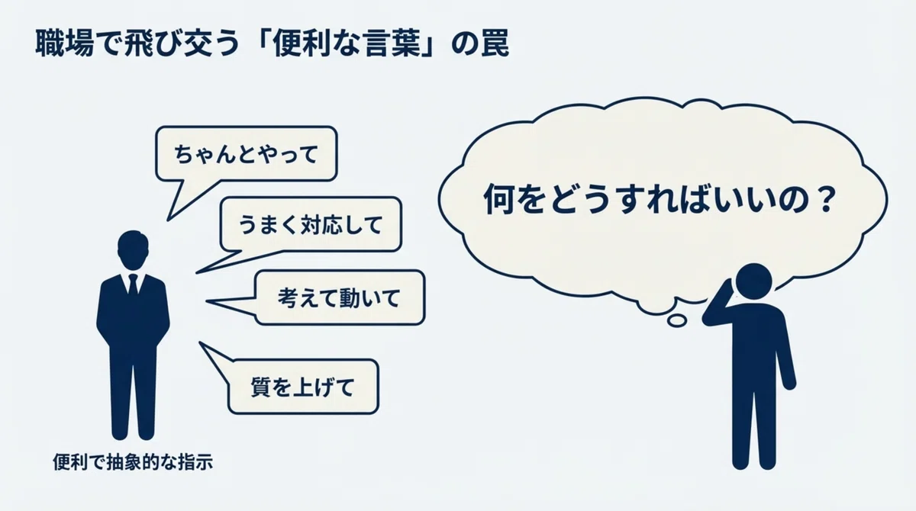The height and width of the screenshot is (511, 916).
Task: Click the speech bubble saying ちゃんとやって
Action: point(246,153)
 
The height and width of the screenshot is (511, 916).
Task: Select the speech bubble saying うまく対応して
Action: point(311,224)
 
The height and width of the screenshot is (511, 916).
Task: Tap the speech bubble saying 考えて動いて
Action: point(340,297)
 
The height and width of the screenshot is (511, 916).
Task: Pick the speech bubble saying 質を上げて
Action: point(302,387)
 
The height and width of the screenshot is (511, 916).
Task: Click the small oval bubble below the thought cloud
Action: point(677,320)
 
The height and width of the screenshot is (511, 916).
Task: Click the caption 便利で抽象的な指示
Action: point(133,462)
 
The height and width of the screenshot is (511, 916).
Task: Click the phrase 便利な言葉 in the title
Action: point(347,43)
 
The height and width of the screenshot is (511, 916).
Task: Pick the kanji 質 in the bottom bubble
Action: point(260,387)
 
